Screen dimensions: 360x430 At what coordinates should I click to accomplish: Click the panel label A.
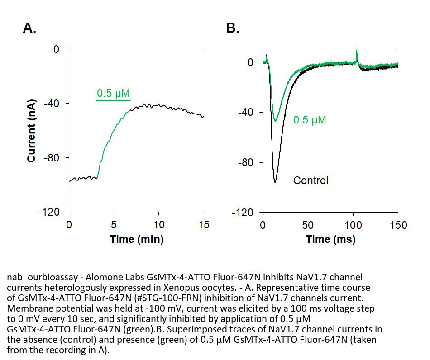click(x=29, y=28)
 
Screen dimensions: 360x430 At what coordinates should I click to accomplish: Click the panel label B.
click(x=233, y=28)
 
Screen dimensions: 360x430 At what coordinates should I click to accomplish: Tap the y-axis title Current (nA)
click(x=32, y=130)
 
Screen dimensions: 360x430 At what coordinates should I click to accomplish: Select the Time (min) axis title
click(x=136, y=239)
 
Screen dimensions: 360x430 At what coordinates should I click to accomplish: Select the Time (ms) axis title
click(x=330, y=239)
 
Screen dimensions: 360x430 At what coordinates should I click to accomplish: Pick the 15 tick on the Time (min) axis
click(x=204, y=225)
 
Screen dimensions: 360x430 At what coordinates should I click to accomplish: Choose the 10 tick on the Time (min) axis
click(x=158, y=225)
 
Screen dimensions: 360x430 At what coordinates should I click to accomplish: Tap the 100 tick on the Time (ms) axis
click(x=353, y=225)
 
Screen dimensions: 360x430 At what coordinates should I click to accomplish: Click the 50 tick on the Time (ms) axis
click(x=308, y=225)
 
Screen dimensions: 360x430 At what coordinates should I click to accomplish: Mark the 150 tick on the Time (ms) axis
click(x=398, y=225)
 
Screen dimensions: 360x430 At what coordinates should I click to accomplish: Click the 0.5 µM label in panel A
click(x=113, y=94)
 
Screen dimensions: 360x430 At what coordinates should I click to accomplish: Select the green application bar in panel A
click(x=113, y=100)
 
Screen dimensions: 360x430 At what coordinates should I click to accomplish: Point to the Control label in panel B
click(x=311, y=180)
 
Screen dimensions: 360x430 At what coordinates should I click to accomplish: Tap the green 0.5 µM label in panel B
click(x=310, y=120)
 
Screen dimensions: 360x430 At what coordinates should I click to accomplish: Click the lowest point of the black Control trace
click(x=275, y=182)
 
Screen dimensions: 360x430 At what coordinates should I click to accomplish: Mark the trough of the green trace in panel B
click(x=275, y=121)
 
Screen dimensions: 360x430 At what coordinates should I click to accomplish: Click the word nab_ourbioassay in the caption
click(x=38, y=276)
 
